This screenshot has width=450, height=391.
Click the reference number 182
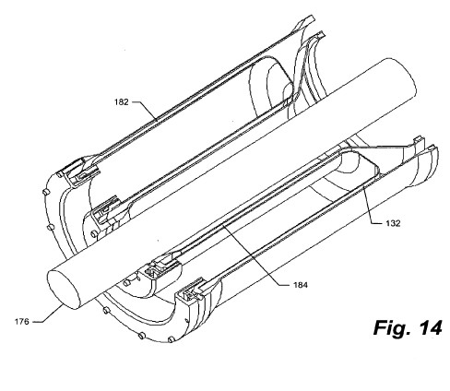point(121,102)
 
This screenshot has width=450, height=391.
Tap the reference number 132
point(393,223)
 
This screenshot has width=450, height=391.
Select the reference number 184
point(301,285)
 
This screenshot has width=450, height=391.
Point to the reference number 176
point(22,322)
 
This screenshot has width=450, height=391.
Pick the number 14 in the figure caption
point(430,327)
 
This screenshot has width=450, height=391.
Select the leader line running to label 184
point(255,255)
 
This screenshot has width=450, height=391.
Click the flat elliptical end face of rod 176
point(64,290)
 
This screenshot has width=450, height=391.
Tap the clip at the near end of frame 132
point(195,290)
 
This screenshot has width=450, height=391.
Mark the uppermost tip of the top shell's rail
point(313,17)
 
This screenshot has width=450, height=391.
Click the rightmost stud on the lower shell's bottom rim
point(172,339)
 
